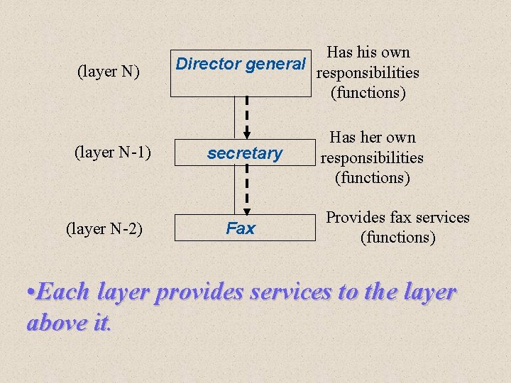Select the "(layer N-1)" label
[114, 151]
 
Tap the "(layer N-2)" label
[104, 228]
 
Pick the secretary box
[244, 153]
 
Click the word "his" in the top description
[368, 52]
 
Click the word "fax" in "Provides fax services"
[399, 217]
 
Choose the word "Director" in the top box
[207, 64]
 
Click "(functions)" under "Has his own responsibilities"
[368, 93]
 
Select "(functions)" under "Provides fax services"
[397, 238]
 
